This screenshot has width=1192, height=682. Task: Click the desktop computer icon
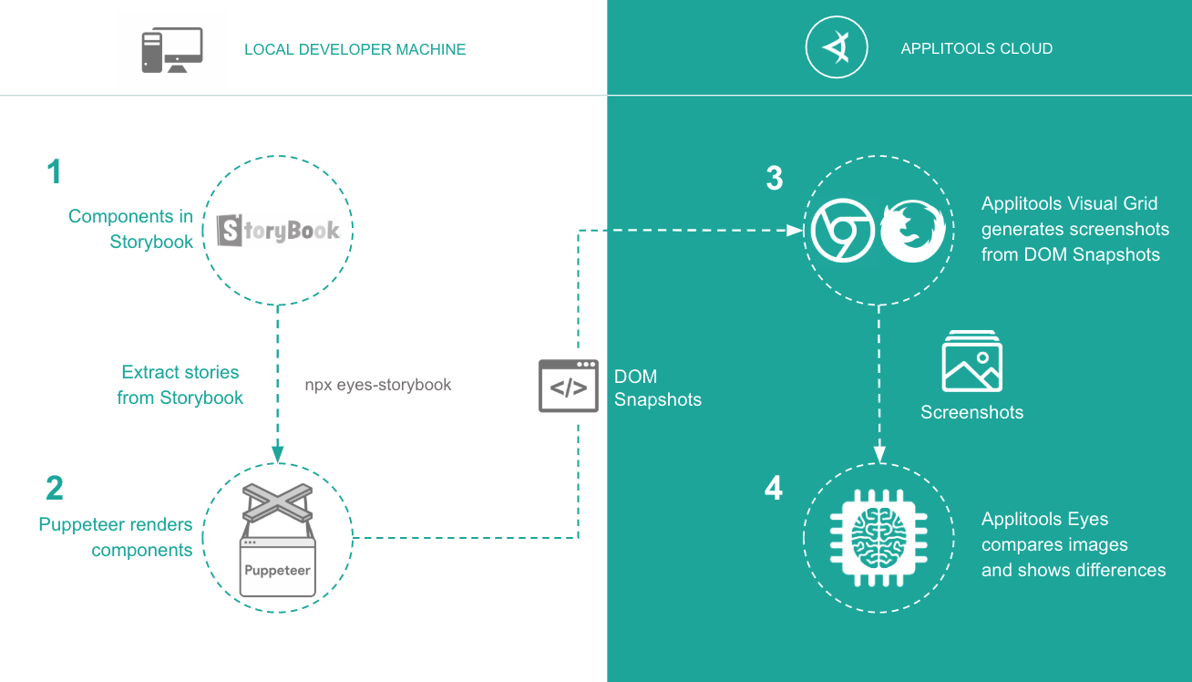[x=171, y=50]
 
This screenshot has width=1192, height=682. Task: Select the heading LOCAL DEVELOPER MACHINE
[x=355, y=49]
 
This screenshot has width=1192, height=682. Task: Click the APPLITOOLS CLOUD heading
[x=976, y=49]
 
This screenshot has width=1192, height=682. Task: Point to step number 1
[x=55, y=172]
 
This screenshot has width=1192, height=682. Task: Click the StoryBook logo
[x=278, y=231]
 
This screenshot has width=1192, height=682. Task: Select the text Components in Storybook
[x=131, y=229]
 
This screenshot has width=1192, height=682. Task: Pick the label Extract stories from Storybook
[x=180, y=385]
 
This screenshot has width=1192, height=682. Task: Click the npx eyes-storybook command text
[x=378, y=385]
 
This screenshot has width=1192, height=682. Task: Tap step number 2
[x=55, y=489]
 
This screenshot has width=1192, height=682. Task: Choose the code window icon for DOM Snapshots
[x=569, y=386]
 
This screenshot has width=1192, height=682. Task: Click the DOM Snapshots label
[x=657, y=387]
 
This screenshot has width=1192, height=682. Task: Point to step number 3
[x=775, y=179]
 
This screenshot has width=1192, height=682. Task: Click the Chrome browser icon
[x=843, y=229]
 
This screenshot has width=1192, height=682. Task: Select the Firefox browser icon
[x=911, y=229]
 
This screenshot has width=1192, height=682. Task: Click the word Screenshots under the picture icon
[x=971, y=412]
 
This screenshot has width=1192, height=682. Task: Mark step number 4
[x=774, y=489]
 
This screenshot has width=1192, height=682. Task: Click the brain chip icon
[x=878, y=537]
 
